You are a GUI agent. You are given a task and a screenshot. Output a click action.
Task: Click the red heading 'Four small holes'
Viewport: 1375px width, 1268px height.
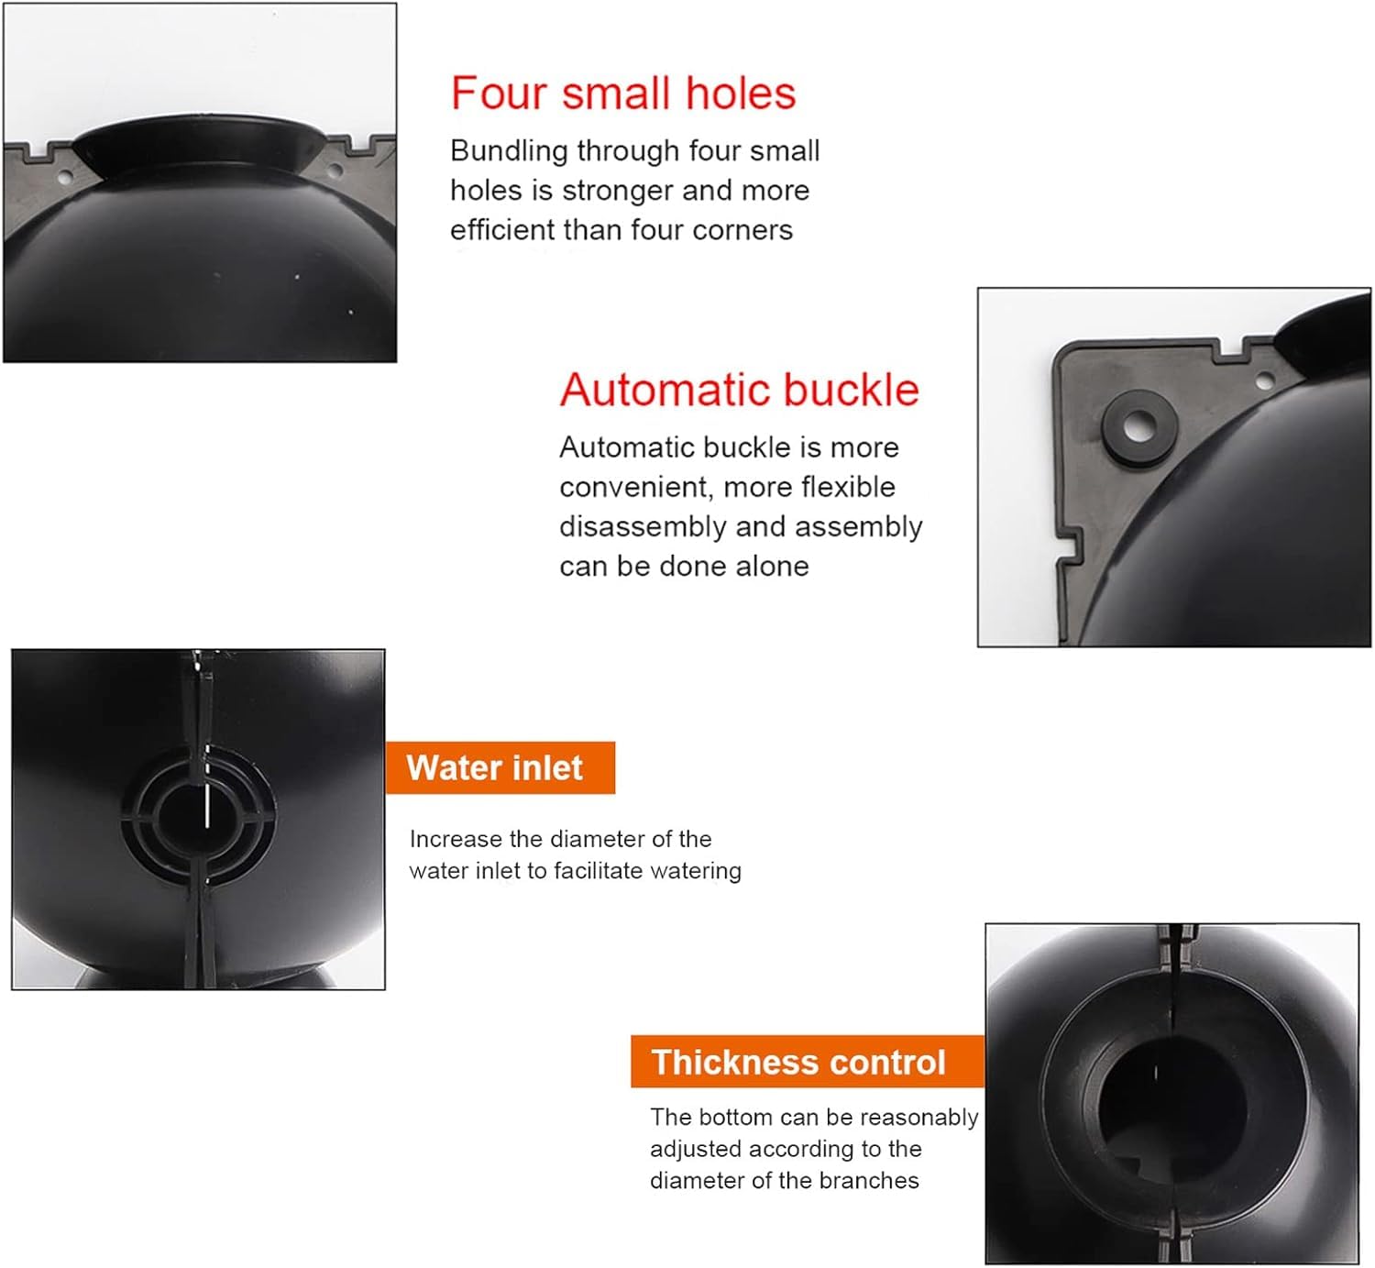tap(623, 94)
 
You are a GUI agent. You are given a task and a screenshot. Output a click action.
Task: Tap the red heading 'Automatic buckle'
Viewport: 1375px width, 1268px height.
tap(740, 390)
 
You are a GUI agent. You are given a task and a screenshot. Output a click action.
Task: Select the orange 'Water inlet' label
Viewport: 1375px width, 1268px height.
tap(500, 767)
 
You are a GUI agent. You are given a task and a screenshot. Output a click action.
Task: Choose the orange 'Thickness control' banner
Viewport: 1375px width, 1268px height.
tap(808, 1062)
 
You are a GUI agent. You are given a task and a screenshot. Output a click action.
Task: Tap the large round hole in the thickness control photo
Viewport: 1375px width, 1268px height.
tap(1171, 1107)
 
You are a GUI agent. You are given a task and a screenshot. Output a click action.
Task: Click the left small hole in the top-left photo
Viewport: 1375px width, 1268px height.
tap(64, 178)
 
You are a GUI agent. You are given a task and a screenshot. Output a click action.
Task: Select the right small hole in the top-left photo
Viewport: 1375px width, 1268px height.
tap(335, 169)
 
